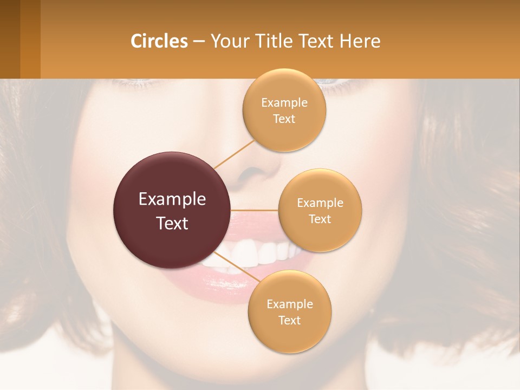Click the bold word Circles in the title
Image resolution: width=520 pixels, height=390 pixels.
159,41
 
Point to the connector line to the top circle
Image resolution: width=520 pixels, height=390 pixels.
234,154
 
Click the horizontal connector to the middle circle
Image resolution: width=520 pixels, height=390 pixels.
255,210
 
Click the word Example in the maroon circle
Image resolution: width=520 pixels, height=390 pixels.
172,199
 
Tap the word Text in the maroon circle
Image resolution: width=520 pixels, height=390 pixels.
172,223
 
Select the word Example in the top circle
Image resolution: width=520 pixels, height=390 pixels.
284,103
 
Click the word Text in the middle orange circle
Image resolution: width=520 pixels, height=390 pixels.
320,219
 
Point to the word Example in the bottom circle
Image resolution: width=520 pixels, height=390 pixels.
289,304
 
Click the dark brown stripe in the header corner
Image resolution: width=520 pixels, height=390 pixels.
10,39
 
